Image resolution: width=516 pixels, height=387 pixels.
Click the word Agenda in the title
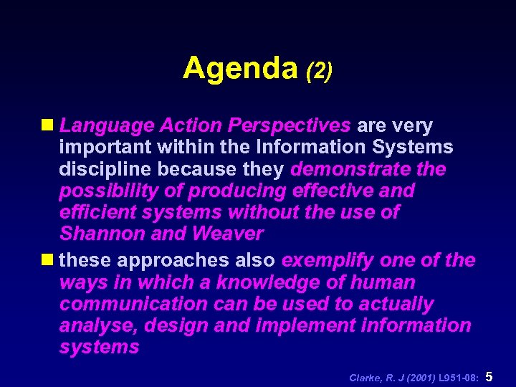tap(239, 69)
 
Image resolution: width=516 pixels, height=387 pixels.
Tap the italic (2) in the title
tap(318, 71)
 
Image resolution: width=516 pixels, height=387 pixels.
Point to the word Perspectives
tap(289, 126)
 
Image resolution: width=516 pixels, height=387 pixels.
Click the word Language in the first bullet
tap(106, 126)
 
